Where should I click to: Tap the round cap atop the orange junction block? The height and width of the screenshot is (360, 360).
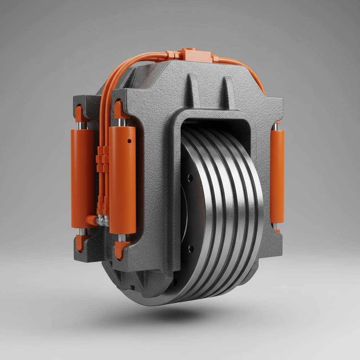pos(189,50)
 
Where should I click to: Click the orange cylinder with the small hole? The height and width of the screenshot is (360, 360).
pos(122,180)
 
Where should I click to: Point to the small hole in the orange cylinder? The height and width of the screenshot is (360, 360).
pos(129,141)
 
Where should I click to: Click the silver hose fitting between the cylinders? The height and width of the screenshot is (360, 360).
pos(102,220)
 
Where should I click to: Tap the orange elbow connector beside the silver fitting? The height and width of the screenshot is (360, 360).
pos(91,220)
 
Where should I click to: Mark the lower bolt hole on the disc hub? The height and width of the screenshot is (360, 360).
pos(191,249)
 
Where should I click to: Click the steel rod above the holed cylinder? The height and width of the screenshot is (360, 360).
pos(122,122)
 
